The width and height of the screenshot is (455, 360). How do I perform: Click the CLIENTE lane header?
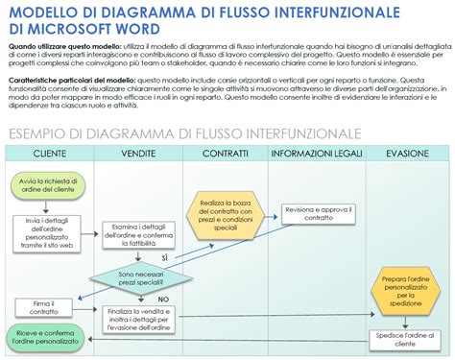[x=49, y=154]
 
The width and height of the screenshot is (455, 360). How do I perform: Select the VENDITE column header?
[x=138, y=154]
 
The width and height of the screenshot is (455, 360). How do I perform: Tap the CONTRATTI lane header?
[x=226, y=154]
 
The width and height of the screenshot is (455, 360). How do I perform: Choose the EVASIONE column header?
[x=406, y=154]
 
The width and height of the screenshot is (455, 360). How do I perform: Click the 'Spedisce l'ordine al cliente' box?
[x=403, y=338]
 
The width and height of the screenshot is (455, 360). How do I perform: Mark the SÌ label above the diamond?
[x=165, y=258]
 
